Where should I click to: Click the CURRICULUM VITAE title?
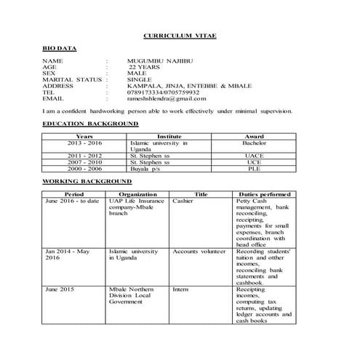coord(179,35)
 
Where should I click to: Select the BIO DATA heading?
coord(59,47)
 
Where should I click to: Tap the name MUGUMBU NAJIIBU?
coord(160,60)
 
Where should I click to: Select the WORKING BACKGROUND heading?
coord(87,180)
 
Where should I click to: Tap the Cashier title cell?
coord(183,201)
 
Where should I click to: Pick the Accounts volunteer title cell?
coord(199,251)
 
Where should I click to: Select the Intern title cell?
coord(181,289)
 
